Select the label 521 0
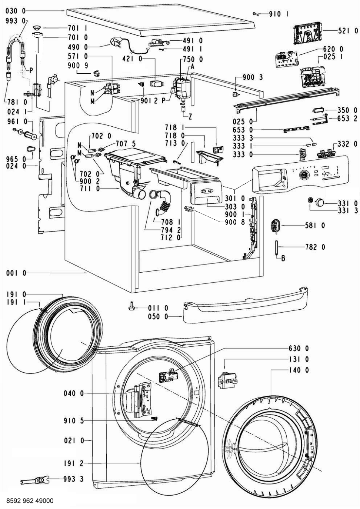pos(348,31)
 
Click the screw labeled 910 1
pos(256,14)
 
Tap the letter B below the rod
pos(283,258)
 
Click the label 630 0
pos(299,348)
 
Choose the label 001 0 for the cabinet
pos(16,273)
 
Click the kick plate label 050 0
pos(158,317)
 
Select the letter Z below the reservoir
pos(190,117)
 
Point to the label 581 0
pos(315,226)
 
